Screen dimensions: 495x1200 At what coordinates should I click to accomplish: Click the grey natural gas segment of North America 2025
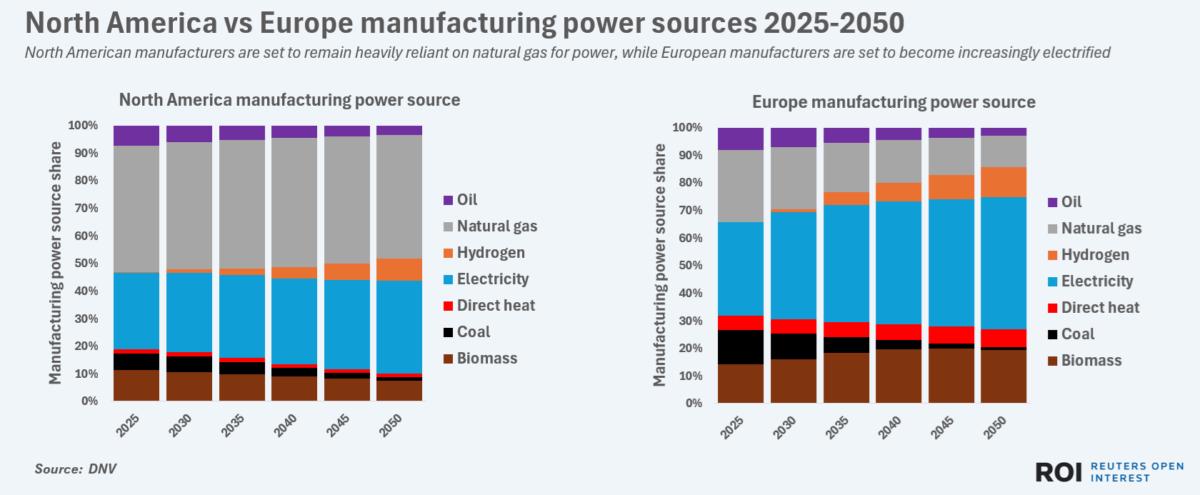click(x=137, y=209)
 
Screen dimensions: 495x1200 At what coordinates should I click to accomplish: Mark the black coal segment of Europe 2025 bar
click(x=740, y=346)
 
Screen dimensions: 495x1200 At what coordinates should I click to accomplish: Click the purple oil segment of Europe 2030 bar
click(x=793, y=137)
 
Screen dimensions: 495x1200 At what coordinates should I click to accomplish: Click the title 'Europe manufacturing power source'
click(x=893, y=102)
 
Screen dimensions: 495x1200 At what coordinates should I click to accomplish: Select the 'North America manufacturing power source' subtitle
click(x=289, y=100)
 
